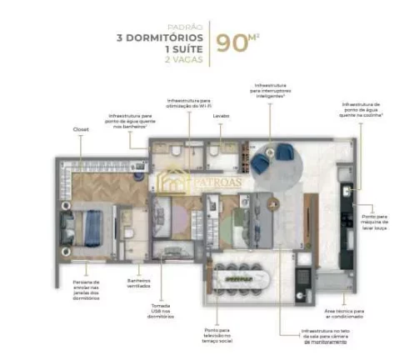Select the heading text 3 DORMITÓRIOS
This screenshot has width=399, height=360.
(159, 37)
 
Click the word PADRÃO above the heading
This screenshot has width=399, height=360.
(188, 25)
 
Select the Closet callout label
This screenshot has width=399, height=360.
(81, 130)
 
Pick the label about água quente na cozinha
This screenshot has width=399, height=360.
(364, 112)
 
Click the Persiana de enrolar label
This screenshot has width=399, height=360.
(87, 289)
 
